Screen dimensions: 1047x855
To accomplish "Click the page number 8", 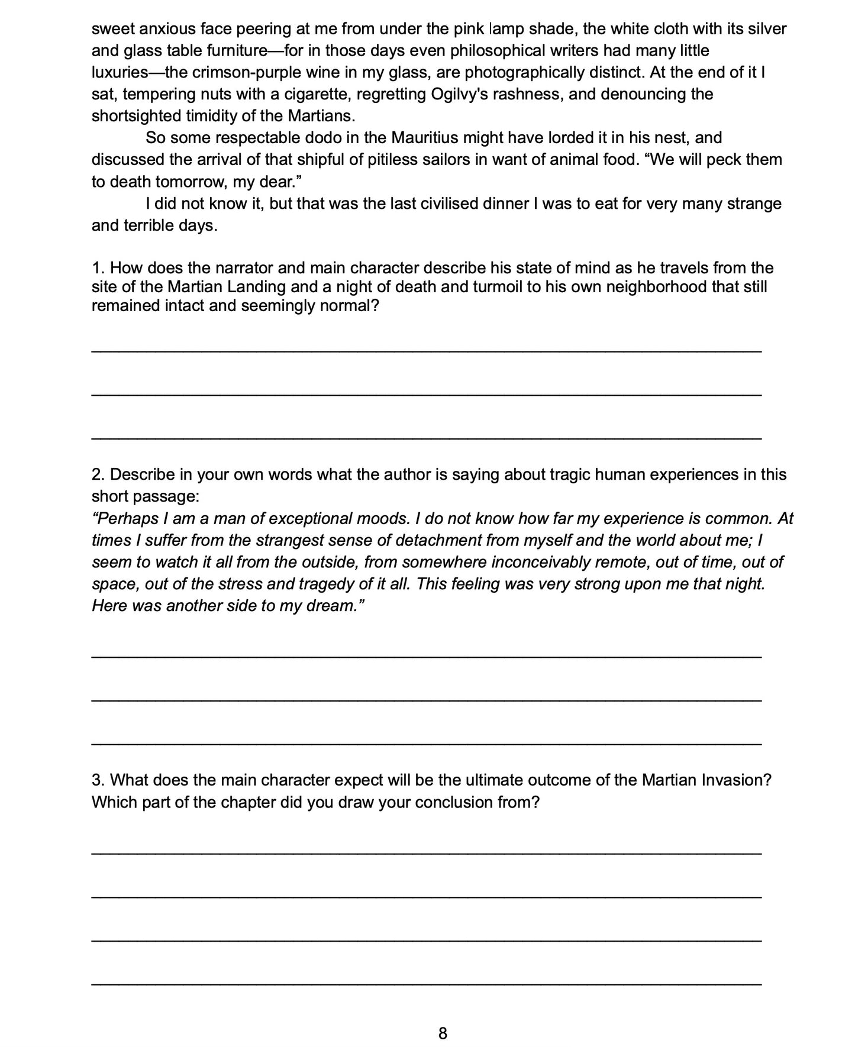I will [443, 1033].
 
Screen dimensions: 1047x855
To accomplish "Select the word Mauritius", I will [422, 138].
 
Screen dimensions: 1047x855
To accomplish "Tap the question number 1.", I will [98, 268].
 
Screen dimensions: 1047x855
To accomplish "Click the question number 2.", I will [98, 474].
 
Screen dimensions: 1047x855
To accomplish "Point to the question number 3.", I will [98, 780].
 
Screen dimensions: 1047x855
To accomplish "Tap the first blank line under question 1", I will [426, 351].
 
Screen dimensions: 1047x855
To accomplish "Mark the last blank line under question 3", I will [426, 984].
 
